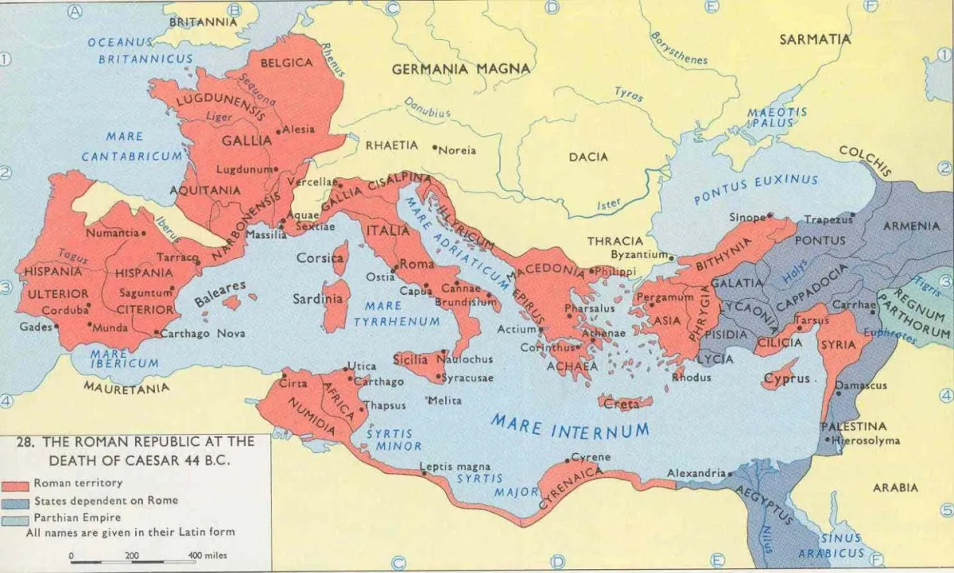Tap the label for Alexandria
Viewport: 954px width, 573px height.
696,473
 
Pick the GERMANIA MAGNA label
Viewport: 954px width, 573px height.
460,69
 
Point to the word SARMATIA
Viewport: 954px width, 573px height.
815,39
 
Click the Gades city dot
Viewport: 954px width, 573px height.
56,327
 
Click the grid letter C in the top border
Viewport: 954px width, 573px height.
391,9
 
